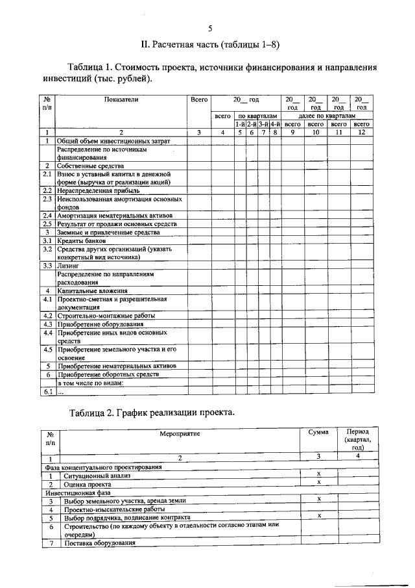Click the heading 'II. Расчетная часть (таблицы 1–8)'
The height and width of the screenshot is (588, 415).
pyautogui.click(x=210, y=44)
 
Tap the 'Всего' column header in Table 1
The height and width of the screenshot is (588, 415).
pyautogui.click(x=199, y=99)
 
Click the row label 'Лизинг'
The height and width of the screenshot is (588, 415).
pyautogui.click(x=67, y=266)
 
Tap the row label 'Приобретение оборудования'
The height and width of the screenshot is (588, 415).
pyautogui.click(x=99, y=324)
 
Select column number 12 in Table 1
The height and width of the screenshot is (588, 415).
pyautogui.click(x=361, y=132)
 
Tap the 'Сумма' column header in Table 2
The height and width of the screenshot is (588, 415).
pyautogui.click(x=318, y=432)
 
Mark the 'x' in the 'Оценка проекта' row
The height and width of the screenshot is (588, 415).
pyautogui.click(x=319, y=483)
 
